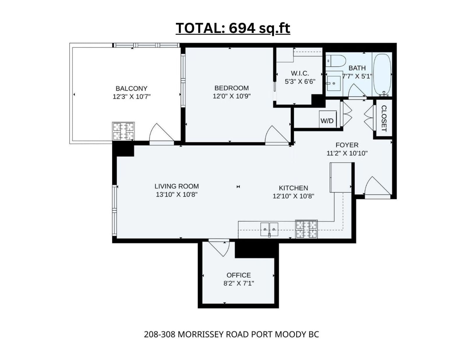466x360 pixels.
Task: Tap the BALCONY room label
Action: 131,88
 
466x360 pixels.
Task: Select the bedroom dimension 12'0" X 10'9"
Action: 232,96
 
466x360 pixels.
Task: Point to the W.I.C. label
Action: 300,73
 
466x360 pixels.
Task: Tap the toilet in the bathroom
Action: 336,61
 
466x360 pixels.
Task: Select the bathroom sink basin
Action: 333,83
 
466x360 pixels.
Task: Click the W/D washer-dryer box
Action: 327,119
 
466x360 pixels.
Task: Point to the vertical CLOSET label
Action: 384,118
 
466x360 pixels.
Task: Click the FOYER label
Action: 347,145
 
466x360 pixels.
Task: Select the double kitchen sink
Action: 269,230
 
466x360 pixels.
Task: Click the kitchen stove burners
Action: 306,230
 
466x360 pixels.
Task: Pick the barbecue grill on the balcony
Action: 123,131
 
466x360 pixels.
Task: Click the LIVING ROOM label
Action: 177,186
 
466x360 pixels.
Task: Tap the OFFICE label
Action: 239,275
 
